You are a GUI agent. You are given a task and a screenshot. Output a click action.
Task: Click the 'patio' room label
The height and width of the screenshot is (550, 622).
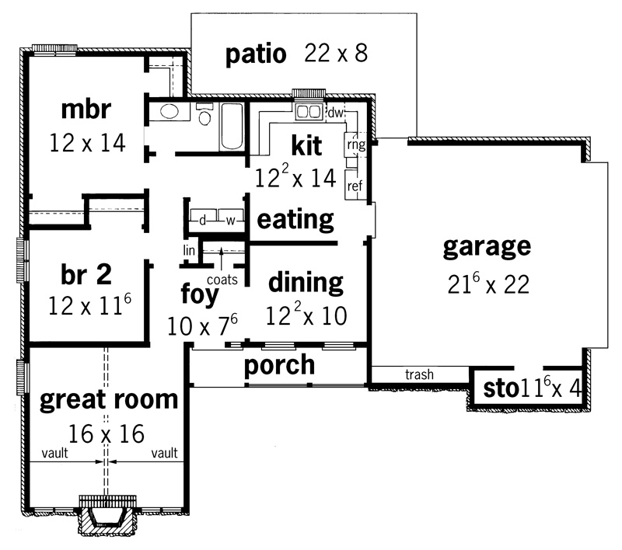click(256, 54)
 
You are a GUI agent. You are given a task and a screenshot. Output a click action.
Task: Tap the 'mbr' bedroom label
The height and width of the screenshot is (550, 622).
click(86, 109)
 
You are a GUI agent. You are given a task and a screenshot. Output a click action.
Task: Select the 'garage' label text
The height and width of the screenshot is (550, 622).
click(487, 248)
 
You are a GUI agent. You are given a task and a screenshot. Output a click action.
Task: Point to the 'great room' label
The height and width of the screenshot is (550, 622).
click(109, 401)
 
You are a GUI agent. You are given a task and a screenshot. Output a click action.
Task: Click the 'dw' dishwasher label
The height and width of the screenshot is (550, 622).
click(335, 113)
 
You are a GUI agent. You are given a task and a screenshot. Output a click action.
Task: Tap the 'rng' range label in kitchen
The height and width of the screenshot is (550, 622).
click(356, 144)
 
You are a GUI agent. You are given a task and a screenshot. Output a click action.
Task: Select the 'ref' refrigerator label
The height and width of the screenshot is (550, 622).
click(355, 186)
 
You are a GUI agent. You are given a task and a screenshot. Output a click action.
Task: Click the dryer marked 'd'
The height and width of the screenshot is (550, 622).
click(203, 220)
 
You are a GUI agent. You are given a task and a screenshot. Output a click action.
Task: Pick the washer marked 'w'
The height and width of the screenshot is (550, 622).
click(230, 220)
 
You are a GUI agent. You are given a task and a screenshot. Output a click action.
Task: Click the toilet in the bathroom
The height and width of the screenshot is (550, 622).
click(204, 113)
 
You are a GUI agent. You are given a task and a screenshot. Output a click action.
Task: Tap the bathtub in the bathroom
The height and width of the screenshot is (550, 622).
click(232, 127)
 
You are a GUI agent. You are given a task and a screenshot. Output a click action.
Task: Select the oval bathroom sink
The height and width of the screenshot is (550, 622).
click(169, 111)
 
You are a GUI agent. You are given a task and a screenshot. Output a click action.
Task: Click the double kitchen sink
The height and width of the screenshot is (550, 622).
click(309, 111)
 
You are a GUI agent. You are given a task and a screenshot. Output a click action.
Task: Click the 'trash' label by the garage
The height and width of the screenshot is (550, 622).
click(419, 374)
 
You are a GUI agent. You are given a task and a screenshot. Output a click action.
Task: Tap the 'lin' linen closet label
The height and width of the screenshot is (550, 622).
click(189, 250)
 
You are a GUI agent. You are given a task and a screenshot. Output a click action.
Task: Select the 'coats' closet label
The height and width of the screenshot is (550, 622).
click(222, 280)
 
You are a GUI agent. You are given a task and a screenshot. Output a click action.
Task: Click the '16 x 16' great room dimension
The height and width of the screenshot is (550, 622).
click(107, 434)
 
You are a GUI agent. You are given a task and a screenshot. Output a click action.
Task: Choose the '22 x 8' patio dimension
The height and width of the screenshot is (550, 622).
click(336, 53)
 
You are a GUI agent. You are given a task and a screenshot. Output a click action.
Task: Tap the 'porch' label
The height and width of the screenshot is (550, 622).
click(279, 366)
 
